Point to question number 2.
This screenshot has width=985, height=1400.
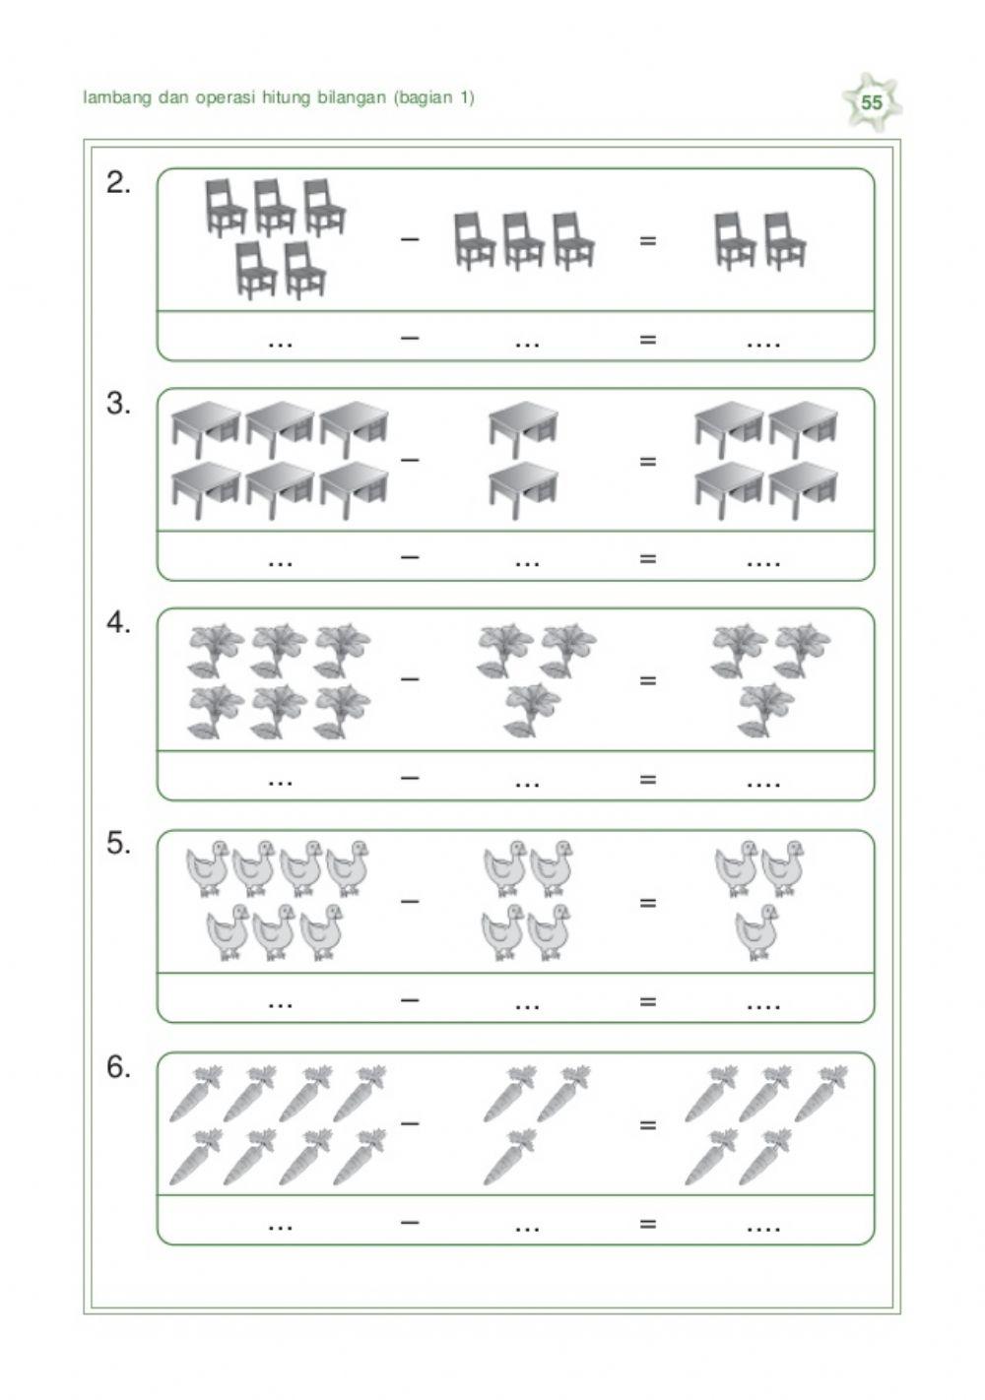coord(119,183)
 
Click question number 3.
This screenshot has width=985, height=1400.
coord(119,404)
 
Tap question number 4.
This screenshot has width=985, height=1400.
coord(119,623)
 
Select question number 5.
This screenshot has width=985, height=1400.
coord(119,844)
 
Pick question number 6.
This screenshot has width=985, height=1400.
coord(119,1067)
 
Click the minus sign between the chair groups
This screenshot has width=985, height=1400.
coord(410,239)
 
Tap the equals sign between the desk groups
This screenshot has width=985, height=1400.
coord(647,460)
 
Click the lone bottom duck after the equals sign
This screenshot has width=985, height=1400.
coord(756,933)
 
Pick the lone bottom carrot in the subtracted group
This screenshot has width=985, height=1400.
coord(507,1158)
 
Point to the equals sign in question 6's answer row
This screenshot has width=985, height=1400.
coord(647,1224)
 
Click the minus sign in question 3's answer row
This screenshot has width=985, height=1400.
coord(410,557)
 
